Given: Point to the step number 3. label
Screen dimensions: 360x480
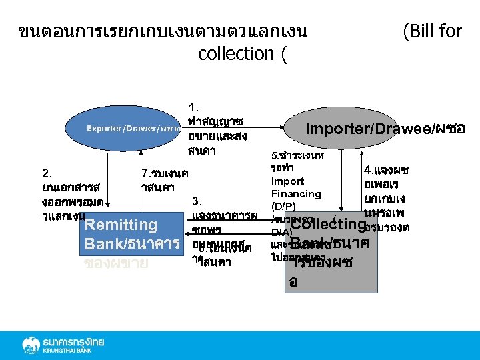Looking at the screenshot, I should pyautogui.click(x=197, y=201).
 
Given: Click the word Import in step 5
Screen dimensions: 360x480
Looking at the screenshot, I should pyautogui.click(x=287, y=181).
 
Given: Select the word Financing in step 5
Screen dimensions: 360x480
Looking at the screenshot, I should pyautogui.click(x=296, y=193).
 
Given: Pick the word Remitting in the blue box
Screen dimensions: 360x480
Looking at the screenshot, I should pyautogui.click(x=121, y=225).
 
